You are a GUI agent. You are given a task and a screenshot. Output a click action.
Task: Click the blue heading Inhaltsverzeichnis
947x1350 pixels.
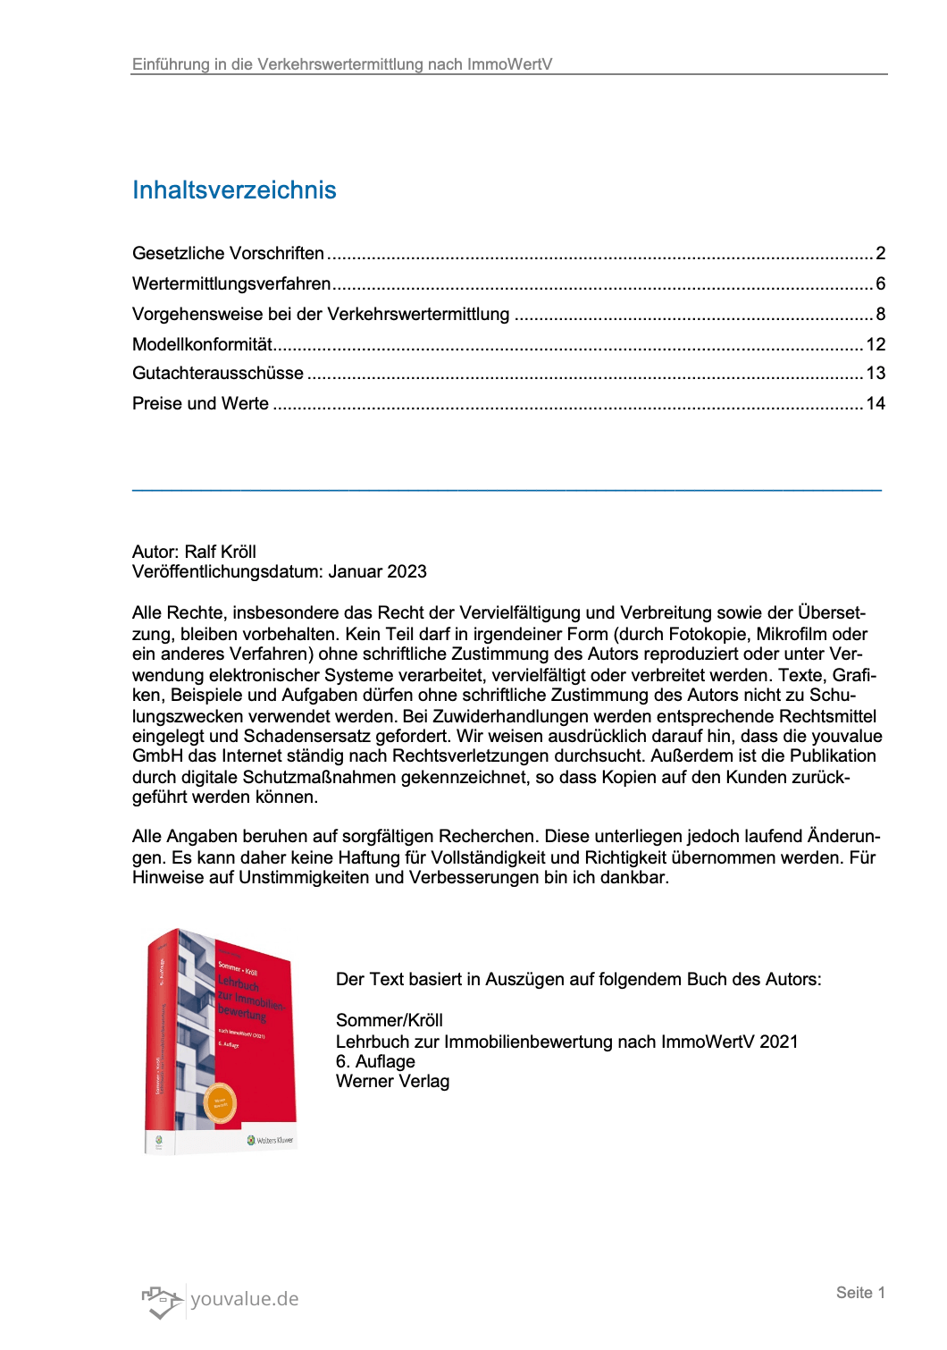pos(234,190)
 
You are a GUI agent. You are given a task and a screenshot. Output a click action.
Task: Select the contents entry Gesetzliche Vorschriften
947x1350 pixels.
pos(228,254)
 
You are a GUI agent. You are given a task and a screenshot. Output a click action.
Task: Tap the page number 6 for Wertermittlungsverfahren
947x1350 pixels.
pos(880,284)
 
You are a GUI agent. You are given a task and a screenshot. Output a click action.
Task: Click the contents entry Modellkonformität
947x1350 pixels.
pos(202,345)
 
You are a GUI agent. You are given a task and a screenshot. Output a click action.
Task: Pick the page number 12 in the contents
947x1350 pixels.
pos(876,345)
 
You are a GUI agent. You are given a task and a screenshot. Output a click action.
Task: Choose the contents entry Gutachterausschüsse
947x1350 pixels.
pos(218,374)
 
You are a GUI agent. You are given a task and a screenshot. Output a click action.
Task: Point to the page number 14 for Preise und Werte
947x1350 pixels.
pos(876,404)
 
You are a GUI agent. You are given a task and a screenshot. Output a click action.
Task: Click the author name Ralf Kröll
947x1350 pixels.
pos(220,553)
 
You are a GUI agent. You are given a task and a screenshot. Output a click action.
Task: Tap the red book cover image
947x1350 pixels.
pos(221,1042)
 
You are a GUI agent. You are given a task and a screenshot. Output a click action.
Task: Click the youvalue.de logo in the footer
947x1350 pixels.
pos(221,1300)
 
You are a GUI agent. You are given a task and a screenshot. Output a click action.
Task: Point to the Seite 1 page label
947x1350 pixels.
pos(860,1293)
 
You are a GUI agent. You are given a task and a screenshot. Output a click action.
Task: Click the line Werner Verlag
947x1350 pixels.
pos(392,1082)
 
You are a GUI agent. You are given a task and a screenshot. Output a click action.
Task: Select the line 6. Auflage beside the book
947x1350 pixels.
pos(375,1062)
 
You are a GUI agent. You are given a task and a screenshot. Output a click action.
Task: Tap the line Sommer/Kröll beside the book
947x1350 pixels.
pos(390,1021)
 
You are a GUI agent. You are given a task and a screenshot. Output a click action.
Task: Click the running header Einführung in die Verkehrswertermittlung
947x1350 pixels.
pos(342,64)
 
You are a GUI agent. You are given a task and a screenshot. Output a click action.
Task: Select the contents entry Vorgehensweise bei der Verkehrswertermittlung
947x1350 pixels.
pos(321,315)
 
